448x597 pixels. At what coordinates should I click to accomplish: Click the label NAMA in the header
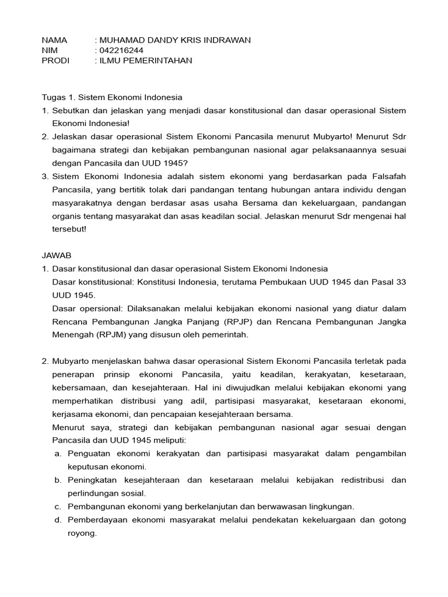(x=55, y=40)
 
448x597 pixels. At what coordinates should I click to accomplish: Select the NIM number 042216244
(x=121, y=50)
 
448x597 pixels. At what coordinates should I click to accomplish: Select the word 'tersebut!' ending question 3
(x=69, y=229)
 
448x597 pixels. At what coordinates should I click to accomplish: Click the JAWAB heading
(x=57, y=255)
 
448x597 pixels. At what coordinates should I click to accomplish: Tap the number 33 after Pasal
(x=400, y=282)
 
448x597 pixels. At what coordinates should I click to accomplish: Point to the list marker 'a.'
(x=58, y=454)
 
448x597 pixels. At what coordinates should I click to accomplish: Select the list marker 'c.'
(x=58, y=506)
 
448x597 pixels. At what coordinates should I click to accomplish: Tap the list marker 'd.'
(x=58, y=519)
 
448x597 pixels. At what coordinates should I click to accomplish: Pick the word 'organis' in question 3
(x=67, y=216)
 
